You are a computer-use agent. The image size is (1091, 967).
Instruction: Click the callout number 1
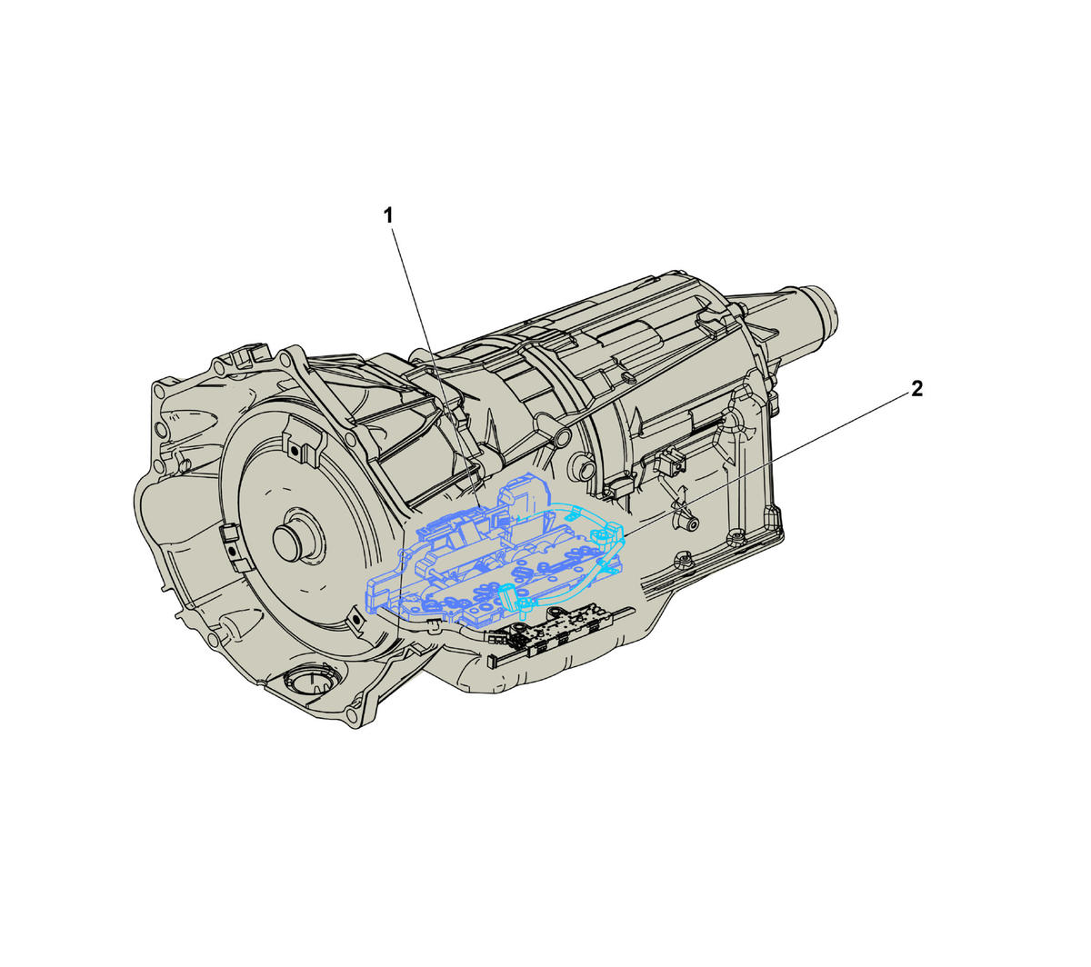tap(387, 216)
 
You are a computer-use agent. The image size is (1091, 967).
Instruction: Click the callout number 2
tap(916, 388)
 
